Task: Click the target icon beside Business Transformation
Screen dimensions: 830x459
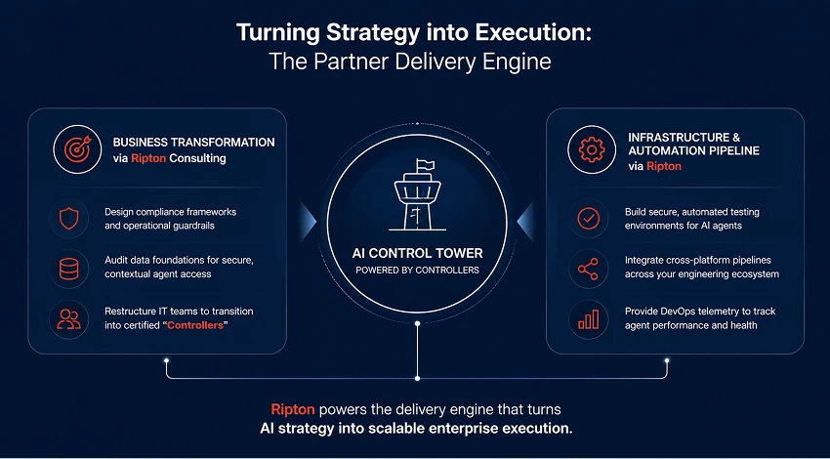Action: click(x=77, y=149)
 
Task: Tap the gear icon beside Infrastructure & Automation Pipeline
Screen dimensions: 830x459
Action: click(x=592, y=149)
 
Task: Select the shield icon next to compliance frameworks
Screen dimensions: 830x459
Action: click(x=68, y=218)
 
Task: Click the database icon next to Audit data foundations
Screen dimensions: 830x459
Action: click(x=68, y=269)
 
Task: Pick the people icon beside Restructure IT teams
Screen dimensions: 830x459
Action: click(x=68, y=318)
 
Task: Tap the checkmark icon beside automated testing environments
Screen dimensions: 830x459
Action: click(x=588, y=218)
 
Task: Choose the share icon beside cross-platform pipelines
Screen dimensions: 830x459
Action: click(x=588, y=269)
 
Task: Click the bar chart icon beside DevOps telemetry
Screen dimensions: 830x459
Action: click(x=588, y=318)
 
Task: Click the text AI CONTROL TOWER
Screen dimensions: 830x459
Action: click(x=417, y=253)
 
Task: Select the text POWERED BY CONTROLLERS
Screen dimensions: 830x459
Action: click(x=417, y=270)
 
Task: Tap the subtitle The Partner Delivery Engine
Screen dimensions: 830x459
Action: click(x=410, y=62)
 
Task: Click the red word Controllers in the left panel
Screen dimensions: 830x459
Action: click(x=194, y=325)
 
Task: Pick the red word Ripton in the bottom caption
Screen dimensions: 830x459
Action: click(x=293, y=409)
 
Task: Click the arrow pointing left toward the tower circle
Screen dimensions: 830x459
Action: click(x=525, y=221)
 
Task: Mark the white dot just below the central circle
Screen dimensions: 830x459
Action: click(x=417, y=322)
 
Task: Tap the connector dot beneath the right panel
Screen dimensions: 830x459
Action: click(x=667, y=360)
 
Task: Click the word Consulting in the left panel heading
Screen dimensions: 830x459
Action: click(x=197, y=158)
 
